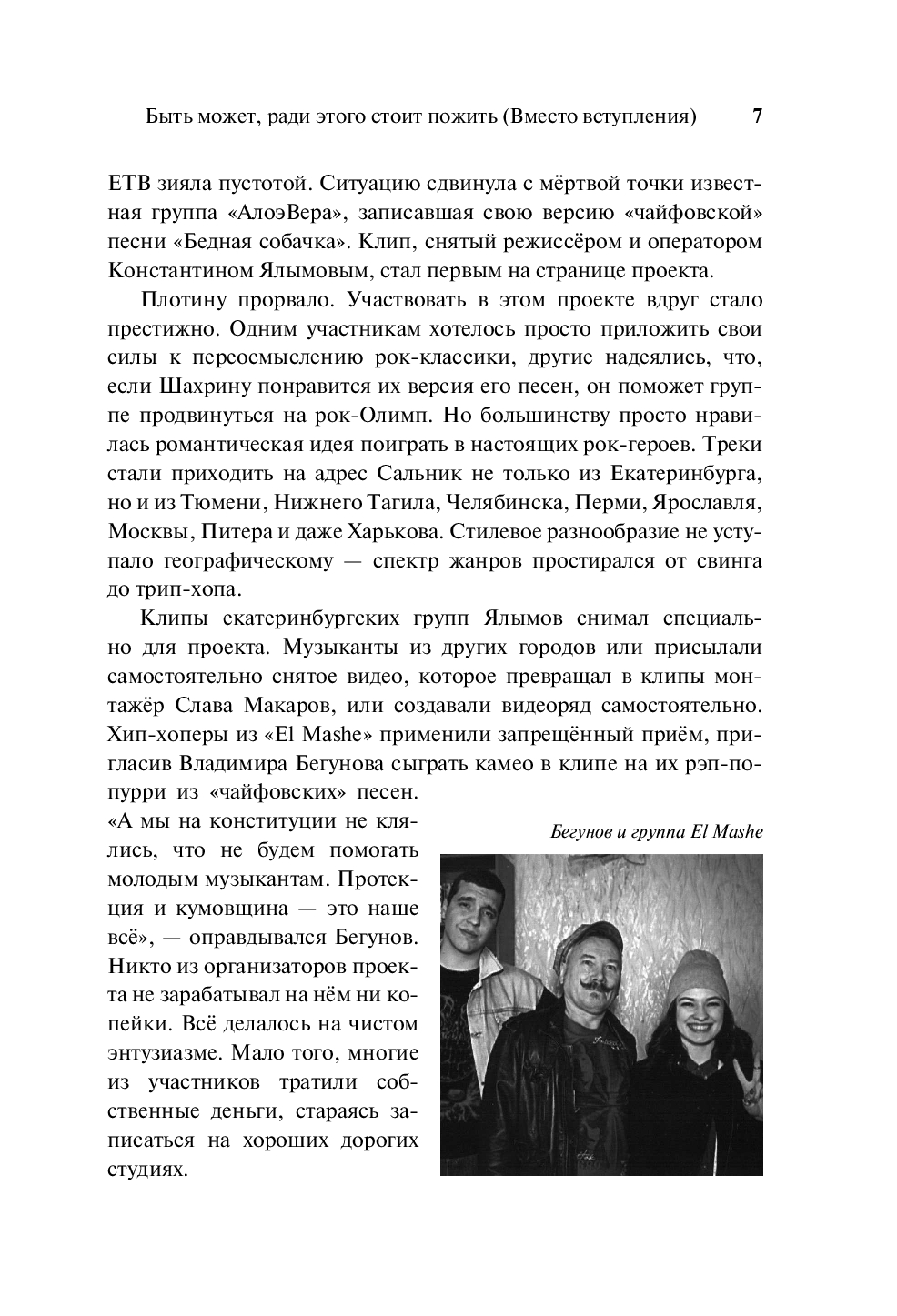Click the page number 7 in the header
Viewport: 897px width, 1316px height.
757,117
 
